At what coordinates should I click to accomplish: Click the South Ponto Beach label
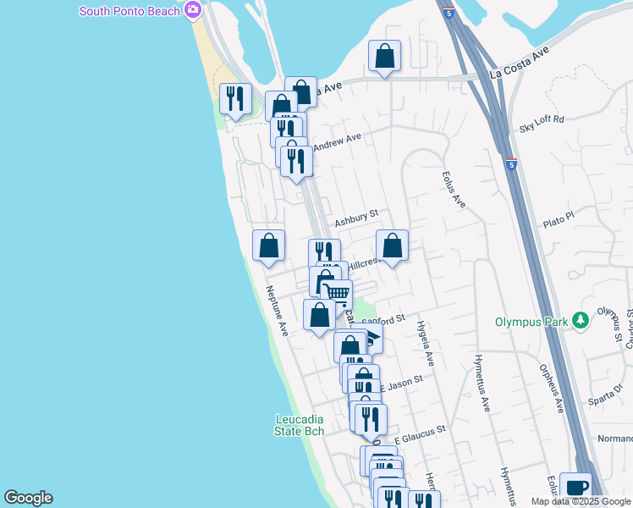tap(129, 11)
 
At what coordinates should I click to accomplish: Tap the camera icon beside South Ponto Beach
tap(194, 11)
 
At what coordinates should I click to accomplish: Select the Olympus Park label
tap(531, 322)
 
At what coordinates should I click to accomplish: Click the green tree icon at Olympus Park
tap(581, 321)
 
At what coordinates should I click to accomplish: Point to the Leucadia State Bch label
tap(300, 425)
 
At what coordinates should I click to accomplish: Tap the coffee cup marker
tap(575, 487)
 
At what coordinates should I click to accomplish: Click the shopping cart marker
tap(336, 294)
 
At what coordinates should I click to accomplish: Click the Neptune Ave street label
tap(278, 312)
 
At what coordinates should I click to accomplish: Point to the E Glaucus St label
tap(420, 433)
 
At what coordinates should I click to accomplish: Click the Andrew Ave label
tap(338, 141)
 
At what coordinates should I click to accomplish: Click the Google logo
tap(28, 498)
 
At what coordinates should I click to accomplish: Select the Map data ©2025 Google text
tap(580, 501)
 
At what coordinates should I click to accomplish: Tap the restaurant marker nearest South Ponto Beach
tap(235, 98)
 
